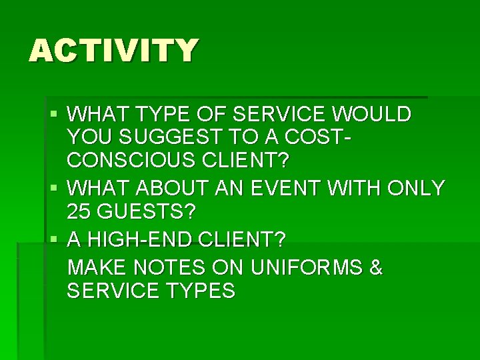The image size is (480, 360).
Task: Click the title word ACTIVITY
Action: coord(113,51)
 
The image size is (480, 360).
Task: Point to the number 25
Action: coord(79,213)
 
